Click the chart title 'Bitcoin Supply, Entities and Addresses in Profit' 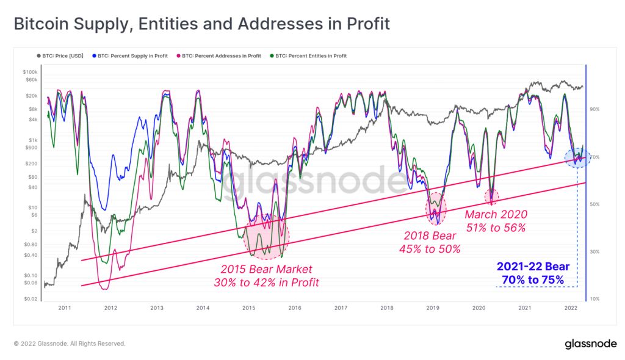point(201,24)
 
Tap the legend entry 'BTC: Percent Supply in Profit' point(131,56)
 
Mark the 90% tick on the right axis point(594,109)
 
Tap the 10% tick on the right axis point(594,299)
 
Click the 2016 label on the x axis point(295,308)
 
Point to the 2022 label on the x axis point(571,308)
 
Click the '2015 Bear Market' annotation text point(266,269)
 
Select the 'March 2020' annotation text point(495,214)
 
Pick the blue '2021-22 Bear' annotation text point(533,267)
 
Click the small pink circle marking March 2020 point(492,196)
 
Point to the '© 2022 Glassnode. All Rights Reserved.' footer point(70,344)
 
